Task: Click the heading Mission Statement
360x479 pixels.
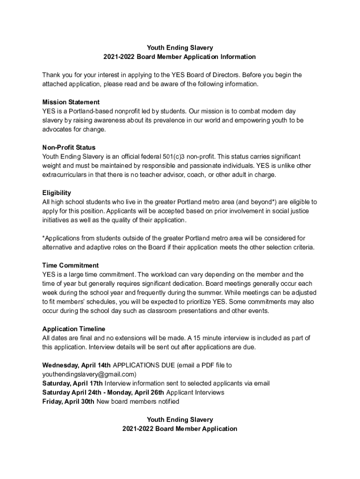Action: point(71,102)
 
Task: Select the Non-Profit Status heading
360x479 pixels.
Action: point(69,147)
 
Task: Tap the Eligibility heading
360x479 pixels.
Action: point(57,193)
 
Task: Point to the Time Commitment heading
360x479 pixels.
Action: point(70,265)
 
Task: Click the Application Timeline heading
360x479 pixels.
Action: point(73,329)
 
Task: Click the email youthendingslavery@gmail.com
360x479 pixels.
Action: point(89,374)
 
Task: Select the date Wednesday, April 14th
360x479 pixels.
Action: point(77,365)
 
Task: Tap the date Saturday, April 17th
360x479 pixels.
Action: point(72,384)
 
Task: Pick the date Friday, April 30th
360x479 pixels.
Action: point(68,401)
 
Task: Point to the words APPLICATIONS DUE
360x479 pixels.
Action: point(143,365)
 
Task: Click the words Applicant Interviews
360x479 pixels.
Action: point(195,392)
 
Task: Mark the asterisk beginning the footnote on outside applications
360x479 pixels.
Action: point(43,238)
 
